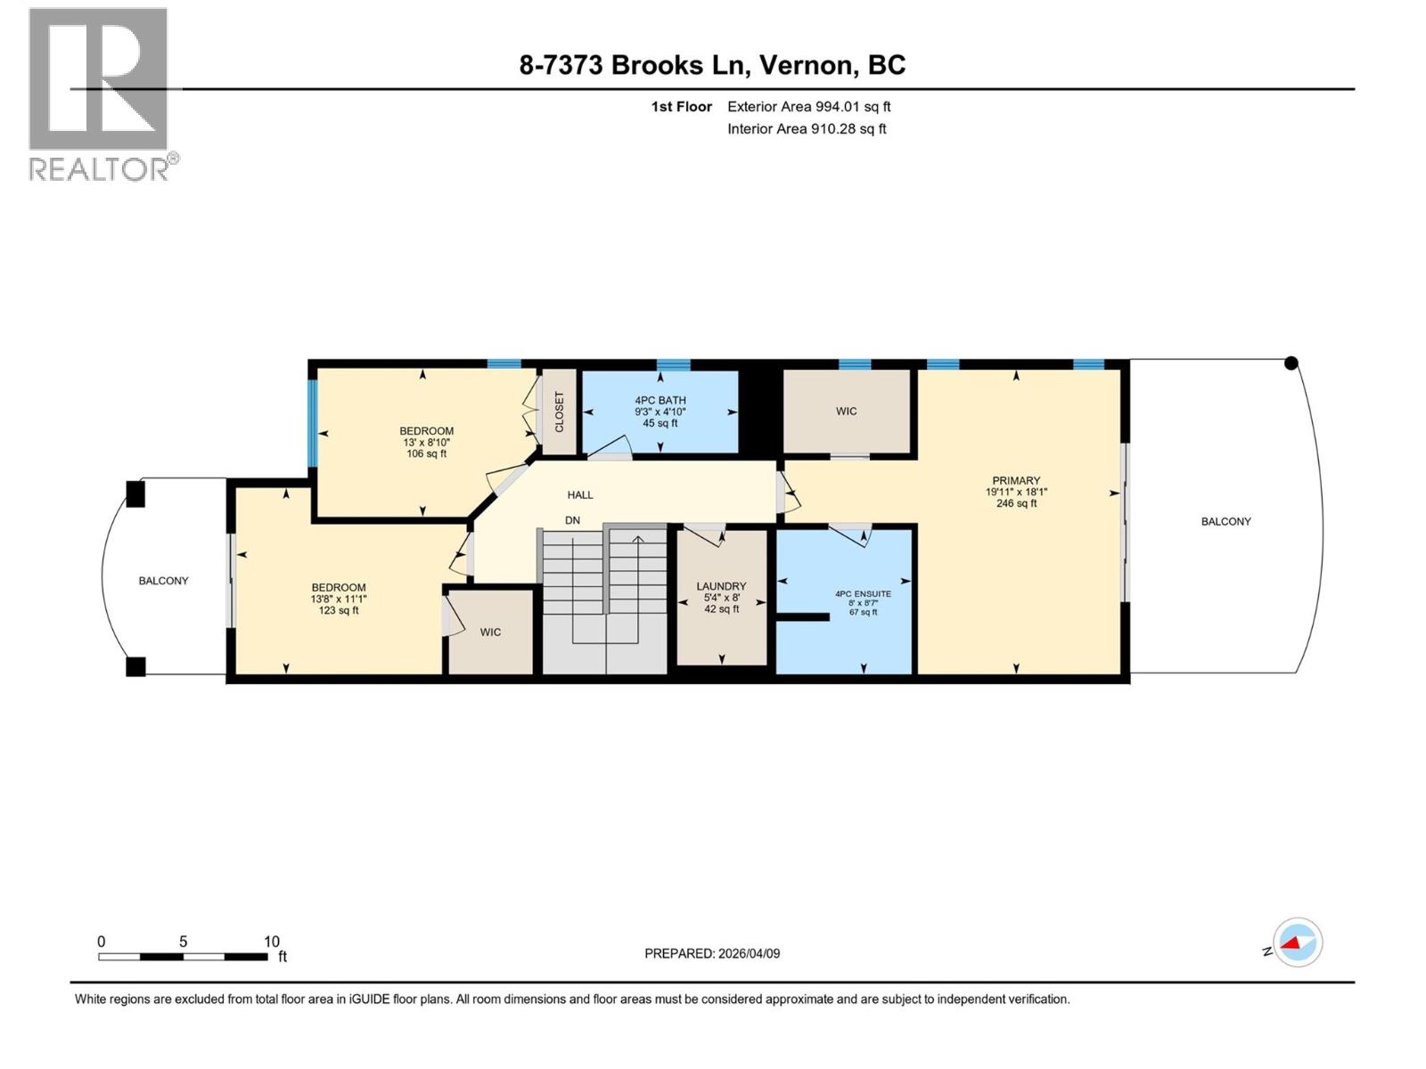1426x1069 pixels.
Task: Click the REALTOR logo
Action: pos(99,94)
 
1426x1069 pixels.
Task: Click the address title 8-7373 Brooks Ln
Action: pos(712,65)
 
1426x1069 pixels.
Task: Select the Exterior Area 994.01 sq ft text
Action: pos(808,107)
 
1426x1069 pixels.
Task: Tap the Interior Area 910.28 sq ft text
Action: pos(807,129)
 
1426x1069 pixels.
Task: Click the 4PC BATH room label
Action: pos(660,412)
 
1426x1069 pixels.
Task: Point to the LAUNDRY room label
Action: pos(721,597)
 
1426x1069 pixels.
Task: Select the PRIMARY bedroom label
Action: pos(1016,492)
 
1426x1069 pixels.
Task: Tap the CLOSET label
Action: pos(560,412)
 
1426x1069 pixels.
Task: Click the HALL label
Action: pos(580,495)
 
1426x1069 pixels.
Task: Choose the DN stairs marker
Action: pos(572,520)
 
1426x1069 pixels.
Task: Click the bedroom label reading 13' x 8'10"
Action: pos(426,442)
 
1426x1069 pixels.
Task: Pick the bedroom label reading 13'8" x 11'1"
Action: pos(339,599)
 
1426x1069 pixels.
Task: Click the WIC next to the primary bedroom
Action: pos(846,412)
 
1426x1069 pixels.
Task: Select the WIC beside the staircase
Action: pos(490,632)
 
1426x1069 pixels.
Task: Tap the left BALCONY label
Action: pos(163,581)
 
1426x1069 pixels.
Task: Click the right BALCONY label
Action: pos(1225,522)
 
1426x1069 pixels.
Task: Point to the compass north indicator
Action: pos(1297,943)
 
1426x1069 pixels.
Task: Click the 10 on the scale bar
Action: pos(272,942)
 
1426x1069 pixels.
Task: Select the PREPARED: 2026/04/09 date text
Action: pos(712,953)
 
